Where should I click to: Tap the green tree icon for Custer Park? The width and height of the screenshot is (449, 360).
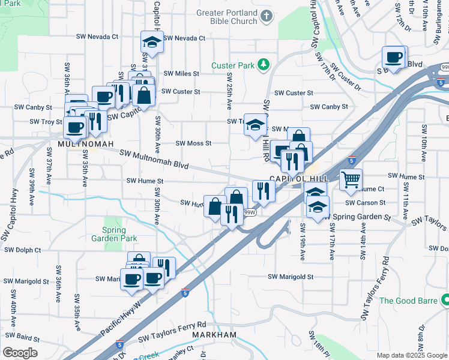[x=263, y=64]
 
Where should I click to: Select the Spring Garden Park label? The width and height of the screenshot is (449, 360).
[x=114, y=233]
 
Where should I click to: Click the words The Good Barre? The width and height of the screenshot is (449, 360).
[x=410, y=301]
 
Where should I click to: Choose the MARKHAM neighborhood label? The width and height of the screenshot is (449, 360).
[x=214, y=334]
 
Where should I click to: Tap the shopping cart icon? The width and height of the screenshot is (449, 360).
[x=350, y=179]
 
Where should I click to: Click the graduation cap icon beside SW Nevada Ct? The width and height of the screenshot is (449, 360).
[x=152, y=43]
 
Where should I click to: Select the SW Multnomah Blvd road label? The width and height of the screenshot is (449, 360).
[x=154, y=159]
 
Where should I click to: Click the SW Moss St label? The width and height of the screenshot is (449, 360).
[x=193, y=143]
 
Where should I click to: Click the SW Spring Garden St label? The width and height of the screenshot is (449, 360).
[x=359, y=217]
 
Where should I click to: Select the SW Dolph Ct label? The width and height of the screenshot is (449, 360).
[x=21, y=250]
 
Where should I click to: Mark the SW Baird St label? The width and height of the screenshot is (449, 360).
[x=23, y=337]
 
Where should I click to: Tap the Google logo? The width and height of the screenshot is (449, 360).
[x=20, y=352]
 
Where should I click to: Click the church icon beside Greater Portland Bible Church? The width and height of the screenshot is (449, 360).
[x=268, y=18]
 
